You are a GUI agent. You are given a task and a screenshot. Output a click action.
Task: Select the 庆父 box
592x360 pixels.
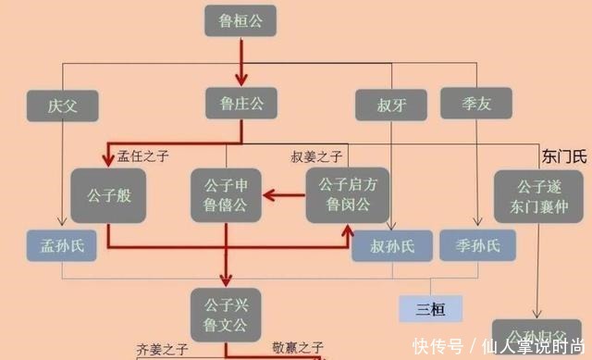(64, 105)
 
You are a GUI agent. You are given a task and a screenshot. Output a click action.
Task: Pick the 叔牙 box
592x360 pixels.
(389, 105)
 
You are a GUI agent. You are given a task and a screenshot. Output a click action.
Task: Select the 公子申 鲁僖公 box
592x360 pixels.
(226, 194)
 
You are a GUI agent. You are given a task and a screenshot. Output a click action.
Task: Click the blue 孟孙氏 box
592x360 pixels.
(64, 245)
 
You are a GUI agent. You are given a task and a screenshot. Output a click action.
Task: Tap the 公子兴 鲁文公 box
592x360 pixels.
(226, 308)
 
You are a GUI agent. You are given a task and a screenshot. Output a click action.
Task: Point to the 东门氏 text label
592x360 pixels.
(564, 155)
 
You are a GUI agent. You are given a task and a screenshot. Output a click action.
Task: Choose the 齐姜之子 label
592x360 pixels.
(162, 350)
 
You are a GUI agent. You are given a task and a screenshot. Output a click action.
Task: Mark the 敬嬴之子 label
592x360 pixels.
(298, 349)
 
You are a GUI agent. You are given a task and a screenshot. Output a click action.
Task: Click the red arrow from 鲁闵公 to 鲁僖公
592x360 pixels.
(283, 194)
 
